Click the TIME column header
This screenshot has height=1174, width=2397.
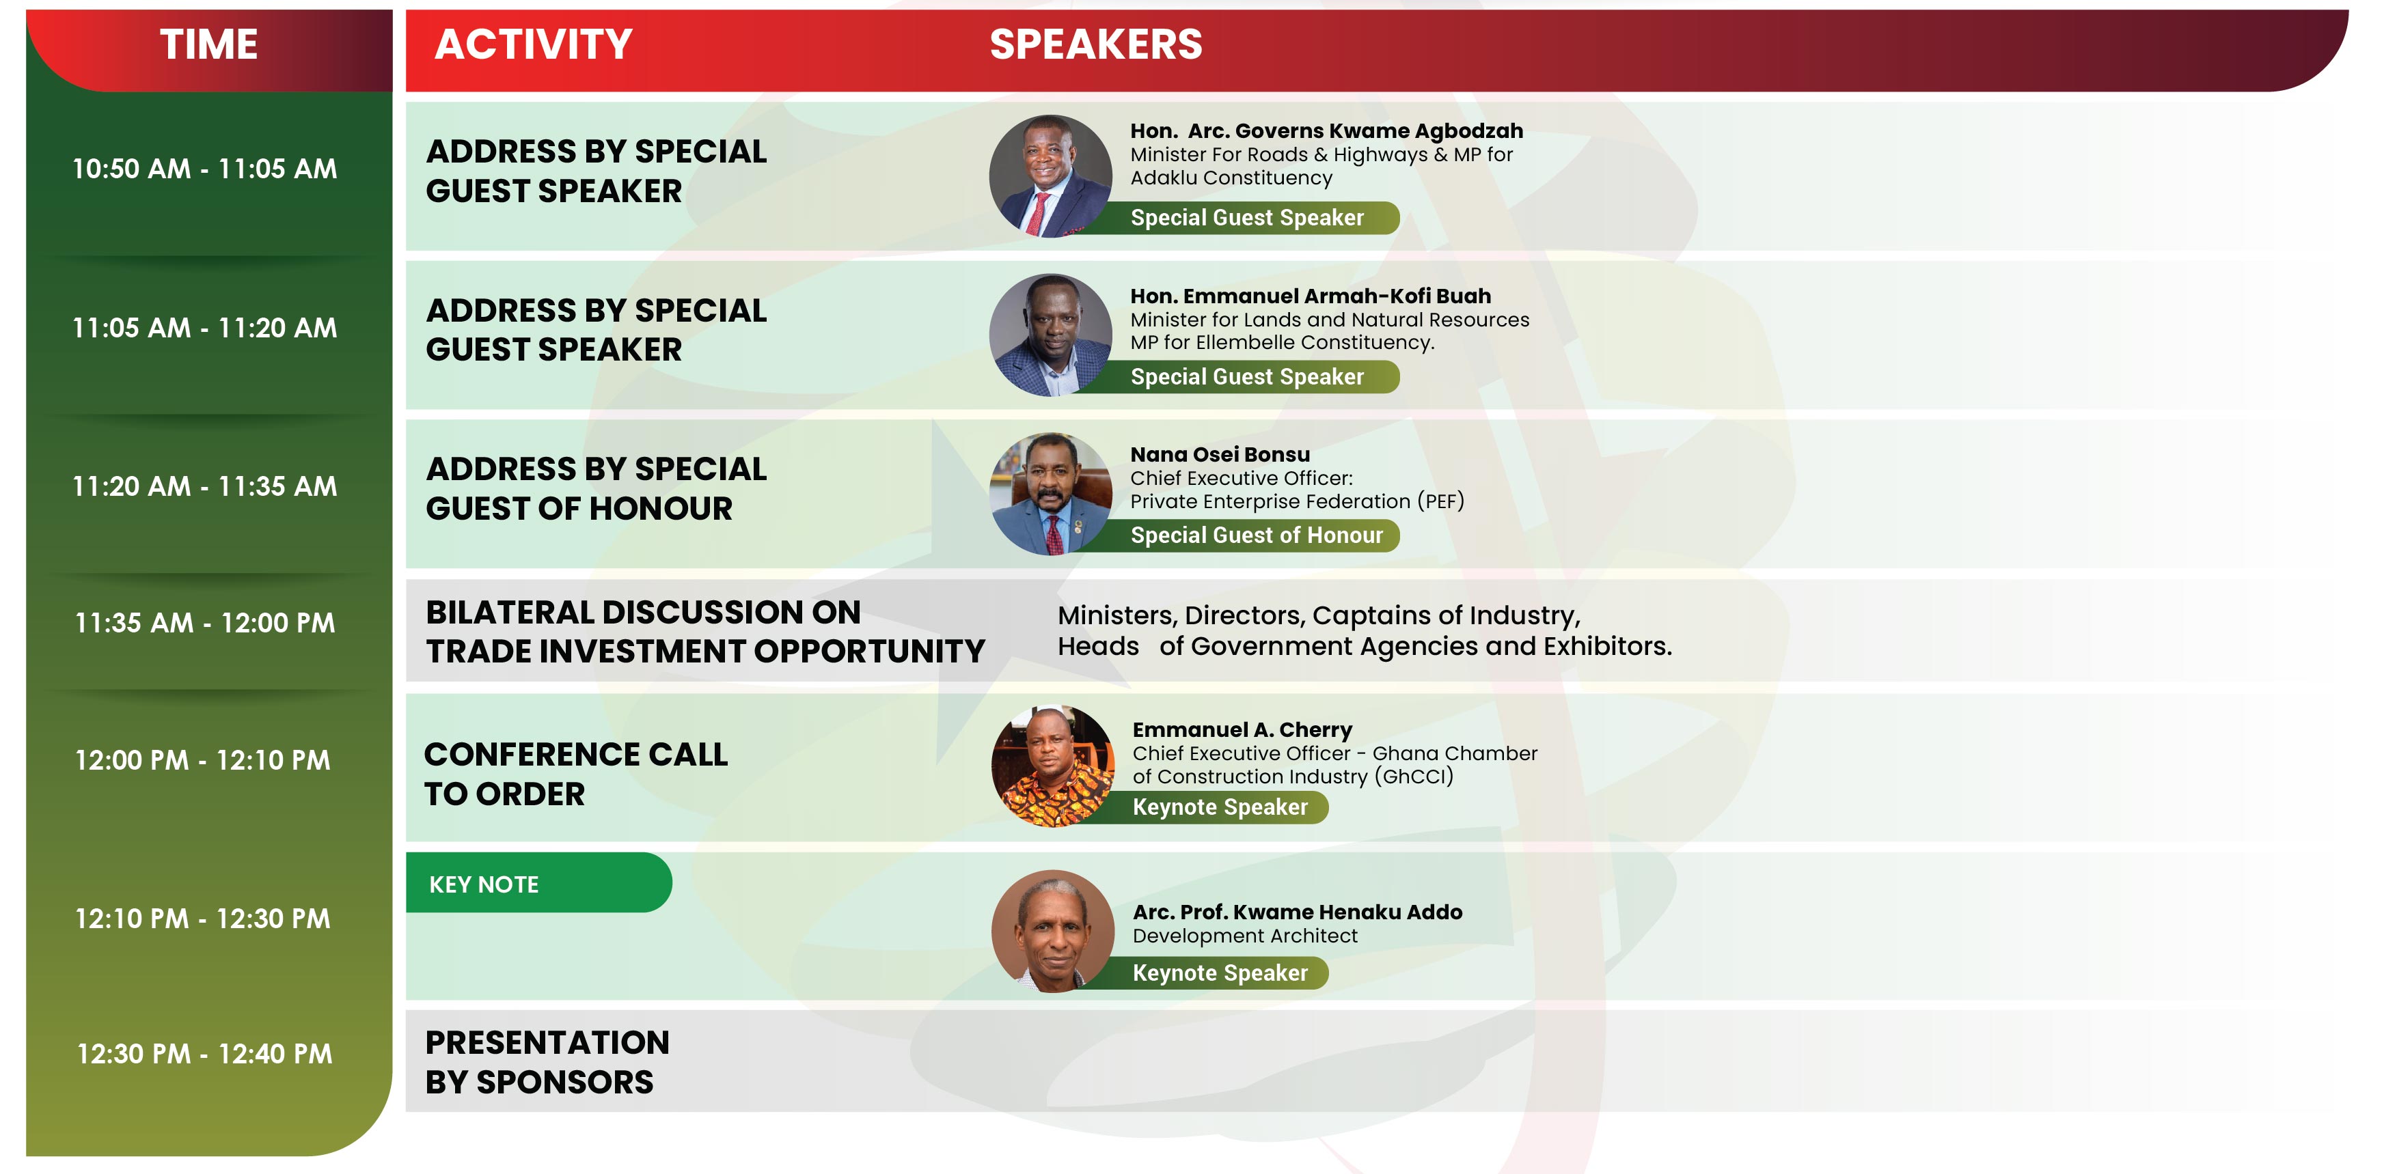pos(208,44)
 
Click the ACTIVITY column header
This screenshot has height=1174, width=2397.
pos(533,44)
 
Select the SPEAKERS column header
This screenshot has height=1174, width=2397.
pos(1095,44)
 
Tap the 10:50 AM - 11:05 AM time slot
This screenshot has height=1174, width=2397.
pos(205,169)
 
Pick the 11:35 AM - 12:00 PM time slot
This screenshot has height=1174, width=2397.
pos(205,622)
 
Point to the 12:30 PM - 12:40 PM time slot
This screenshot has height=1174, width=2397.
pos(205,1053)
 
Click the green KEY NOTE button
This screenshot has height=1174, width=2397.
pos(538,883)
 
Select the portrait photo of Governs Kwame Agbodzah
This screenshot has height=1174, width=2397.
pos(1050,176)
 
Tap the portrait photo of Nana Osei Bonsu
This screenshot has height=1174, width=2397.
pos(1050,494)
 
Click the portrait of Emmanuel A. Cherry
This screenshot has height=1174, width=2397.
pos(1052,766)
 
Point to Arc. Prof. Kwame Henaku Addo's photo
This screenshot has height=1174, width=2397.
pos(1052,931)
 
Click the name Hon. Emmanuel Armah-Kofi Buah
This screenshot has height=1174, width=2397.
pos(1310,296)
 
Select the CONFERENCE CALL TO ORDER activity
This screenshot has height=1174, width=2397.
pos(576,773)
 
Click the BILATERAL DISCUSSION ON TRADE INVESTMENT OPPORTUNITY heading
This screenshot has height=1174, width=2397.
pos(705,631)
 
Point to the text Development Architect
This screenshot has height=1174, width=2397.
pos(1245,936)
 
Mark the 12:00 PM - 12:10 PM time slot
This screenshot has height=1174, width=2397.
pos(203,760)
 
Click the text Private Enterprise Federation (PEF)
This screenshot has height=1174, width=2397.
pos(1297,501)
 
